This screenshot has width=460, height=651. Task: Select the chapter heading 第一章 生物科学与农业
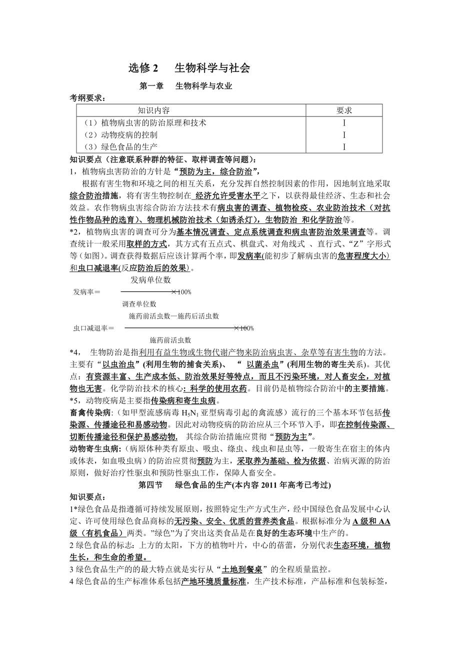(185, 86)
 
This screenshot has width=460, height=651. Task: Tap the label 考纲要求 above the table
(87, 98)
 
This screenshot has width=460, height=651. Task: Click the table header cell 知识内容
(153, 110)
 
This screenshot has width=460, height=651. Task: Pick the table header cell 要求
(344, 110)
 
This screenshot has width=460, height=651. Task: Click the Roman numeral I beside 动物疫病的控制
(344, 134)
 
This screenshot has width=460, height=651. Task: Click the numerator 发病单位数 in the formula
(150, 280)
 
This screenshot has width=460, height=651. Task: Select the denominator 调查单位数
(139, 303)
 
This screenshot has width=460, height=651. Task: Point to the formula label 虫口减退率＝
(94, 328)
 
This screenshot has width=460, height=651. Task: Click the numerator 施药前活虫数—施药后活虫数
(173, 316)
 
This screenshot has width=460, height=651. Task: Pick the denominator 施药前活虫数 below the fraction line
(170, 340)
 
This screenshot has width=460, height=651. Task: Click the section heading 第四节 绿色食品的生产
(234, 484)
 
